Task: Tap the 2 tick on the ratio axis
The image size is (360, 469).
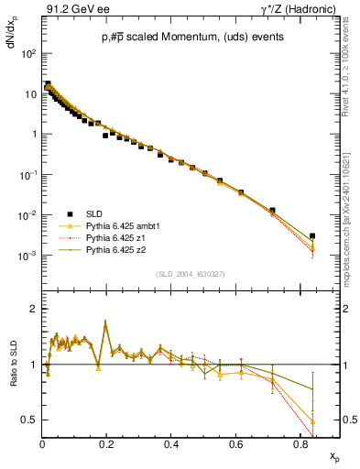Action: pos(34,310)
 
